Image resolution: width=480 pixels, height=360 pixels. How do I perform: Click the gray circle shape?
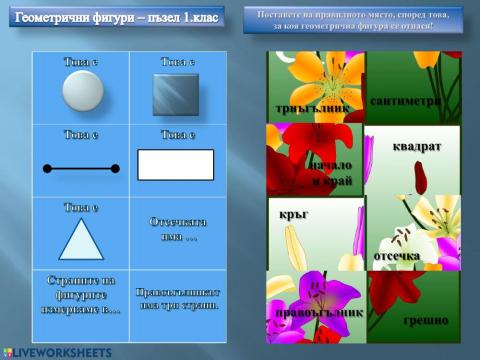(82, 92)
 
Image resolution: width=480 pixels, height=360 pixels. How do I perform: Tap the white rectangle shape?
(175, 164)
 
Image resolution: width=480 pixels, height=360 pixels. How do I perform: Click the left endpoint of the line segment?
(47, 169)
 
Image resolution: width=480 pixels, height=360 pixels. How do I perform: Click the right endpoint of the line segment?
(115, 169)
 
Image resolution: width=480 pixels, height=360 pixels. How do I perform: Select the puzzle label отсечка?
(396, 255)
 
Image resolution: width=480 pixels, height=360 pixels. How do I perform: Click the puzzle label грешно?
(425, 320)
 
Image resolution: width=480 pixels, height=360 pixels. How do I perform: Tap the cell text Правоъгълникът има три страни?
(176, 299)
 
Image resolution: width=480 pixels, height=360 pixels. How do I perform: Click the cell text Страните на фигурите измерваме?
(82, 296)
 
